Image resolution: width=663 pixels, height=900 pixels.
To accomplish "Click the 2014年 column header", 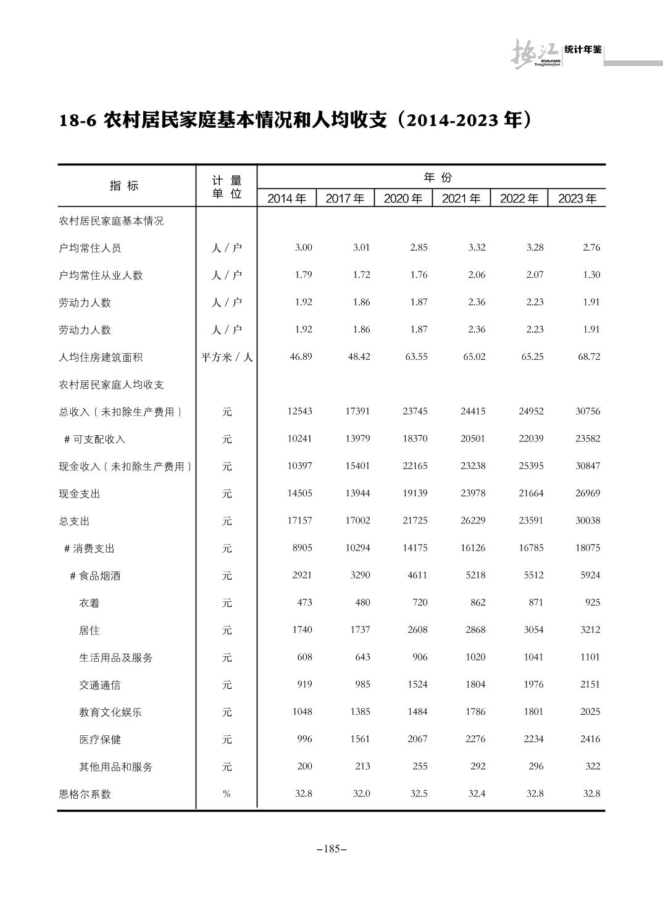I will [x=286, y=199].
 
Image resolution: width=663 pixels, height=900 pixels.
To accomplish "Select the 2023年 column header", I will [x=577, y=199].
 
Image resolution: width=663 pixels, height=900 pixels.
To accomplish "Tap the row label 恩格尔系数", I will [x=85, y=794].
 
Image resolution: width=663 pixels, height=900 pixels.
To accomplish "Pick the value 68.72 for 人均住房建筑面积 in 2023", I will [x=589, y=357].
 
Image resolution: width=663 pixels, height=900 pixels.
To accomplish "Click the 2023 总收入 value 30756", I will [x=588, y=412].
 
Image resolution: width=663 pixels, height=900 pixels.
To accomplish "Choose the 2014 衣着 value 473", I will [x=304, y=602].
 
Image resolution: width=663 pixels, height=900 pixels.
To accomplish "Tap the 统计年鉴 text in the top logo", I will [x=583, y=50].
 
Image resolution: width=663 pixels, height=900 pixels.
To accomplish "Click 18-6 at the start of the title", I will [x=78, y=120].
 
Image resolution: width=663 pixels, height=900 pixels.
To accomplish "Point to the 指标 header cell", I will [x=124, y=186].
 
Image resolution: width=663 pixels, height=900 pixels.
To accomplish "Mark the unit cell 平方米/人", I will [x=227, y=357].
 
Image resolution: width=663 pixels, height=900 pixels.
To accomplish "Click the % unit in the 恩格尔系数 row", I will [x=227, y=794].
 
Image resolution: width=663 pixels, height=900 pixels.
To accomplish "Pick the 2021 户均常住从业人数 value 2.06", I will [x=477, y=275].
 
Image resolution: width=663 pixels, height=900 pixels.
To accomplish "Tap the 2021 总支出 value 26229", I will [x=473, y=520].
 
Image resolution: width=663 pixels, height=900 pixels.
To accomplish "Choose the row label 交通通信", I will [x=100, y=685].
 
